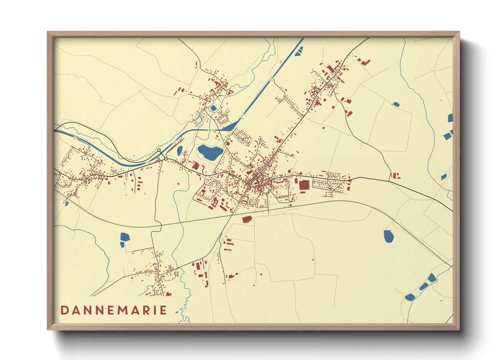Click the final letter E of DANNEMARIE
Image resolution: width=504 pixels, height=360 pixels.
pos(163,310)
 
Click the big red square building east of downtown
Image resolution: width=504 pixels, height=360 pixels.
pos(304,185)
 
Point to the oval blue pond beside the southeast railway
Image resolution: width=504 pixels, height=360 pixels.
pos(388,236)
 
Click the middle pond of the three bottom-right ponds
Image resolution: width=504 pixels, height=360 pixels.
pos(424,287)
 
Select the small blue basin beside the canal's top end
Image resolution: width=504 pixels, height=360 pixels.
pos(299,52)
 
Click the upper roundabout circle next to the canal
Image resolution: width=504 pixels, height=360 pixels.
pos(159,150)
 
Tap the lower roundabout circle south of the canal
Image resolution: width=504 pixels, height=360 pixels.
pos(166,159)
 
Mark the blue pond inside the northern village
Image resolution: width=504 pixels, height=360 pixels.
pos(214,108)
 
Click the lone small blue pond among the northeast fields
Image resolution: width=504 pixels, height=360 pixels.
pos(396,104)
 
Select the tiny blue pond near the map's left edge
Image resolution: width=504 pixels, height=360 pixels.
pos(67,203)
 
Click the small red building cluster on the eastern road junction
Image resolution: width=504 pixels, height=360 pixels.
pos(395,176)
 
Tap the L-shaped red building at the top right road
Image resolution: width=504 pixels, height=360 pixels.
pos(365,63)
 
